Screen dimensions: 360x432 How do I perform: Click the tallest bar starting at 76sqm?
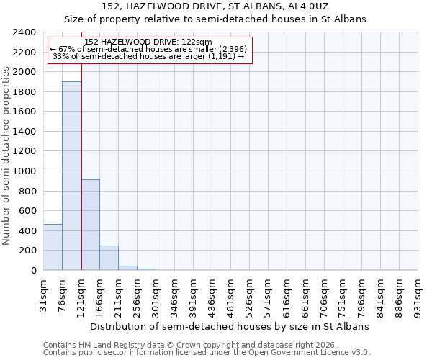(x=71, y=176)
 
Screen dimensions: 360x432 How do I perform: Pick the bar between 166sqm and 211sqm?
(x=109, y=258)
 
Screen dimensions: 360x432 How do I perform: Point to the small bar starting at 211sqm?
(x=127, y=268)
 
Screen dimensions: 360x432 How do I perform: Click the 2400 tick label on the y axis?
(x=25, y=32)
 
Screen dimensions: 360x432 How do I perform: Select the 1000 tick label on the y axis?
(x=25, y=171)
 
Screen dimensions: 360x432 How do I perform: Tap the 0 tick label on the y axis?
(x=33, y=271)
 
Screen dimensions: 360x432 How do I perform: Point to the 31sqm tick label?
(x=43, y=294)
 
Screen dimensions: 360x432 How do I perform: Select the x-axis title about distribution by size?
(x=230, y=326)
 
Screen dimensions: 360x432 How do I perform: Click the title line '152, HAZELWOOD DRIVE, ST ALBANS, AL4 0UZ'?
(x=215, y=6)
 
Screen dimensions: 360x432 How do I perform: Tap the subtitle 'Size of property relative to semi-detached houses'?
(x=215, y=19)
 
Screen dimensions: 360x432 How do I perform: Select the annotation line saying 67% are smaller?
(x=149, y=49)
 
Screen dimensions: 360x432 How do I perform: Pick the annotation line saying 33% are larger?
(x=149, y=56)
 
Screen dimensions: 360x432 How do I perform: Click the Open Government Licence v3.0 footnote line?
(x=207, y=352)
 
